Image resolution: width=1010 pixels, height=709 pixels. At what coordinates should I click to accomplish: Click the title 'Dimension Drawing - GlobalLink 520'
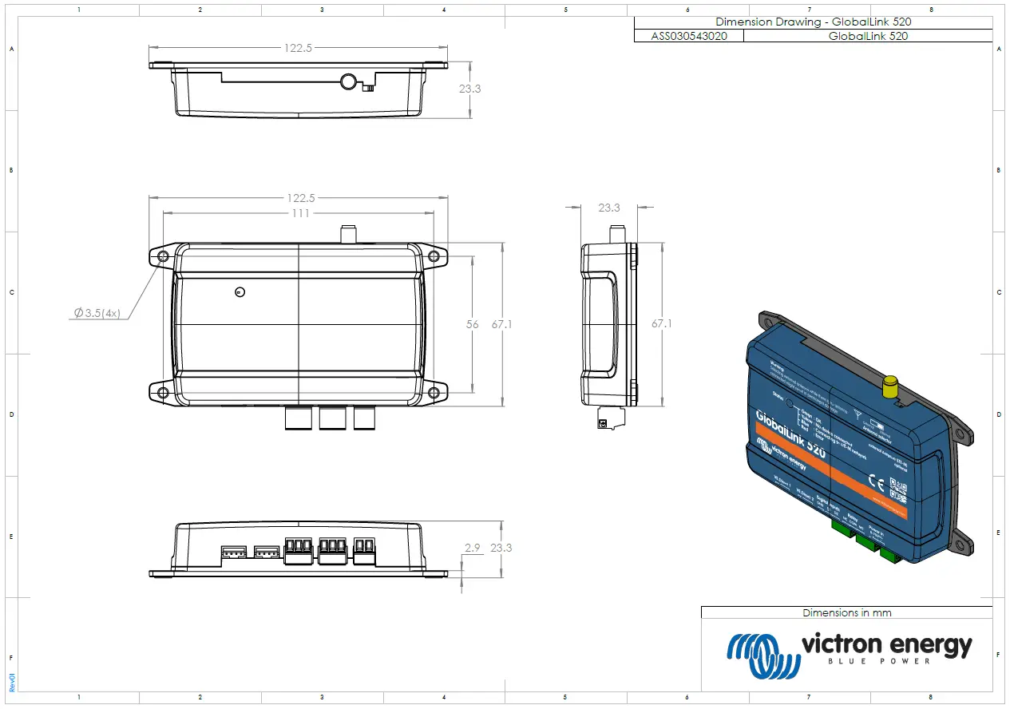pyautogui.click(x=813, y=22)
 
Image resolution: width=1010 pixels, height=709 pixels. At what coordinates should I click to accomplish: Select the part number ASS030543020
pyautogui.click(x=688, y=36)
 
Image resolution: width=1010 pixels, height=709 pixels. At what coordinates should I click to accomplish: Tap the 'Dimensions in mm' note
pyautogui.click(x=846, y=612)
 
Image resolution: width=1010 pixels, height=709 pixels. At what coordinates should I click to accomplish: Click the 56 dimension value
pyautogui.click(x=473, y=324)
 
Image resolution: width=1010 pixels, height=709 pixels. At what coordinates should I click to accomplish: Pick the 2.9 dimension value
pyautogui.click(x=472, y=548)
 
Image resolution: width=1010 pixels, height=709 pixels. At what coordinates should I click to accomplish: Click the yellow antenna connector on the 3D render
pyautogui.click(x=889, y=388)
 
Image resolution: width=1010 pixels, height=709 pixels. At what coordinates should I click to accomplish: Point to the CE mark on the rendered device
pyautogui.click(x=875, y=482)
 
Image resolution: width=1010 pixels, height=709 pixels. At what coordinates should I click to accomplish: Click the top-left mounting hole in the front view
pyautogui.click(x=163, y=256)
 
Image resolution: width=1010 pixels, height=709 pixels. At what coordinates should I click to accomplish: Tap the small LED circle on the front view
pyautogui.click(x=240, y=292)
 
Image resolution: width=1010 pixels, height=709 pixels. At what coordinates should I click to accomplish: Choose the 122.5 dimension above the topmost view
pyautogui.click(x=298, y=48)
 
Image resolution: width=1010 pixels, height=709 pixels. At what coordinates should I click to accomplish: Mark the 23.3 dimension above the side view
pyautogui.click(x=608, y=208)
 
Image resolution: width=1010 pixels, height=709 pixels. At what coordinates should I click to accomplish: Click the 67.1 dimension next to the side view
pyautogui.click(x=662, y=324)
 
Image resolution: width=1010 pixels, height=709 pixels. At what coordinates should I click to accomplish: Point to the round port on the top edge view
pyautogui.click(x=349, y=81)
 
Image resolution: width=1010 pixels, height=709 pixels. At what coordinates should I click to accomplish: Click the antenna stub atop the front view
pyautogui.click(x=348, y=234)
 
